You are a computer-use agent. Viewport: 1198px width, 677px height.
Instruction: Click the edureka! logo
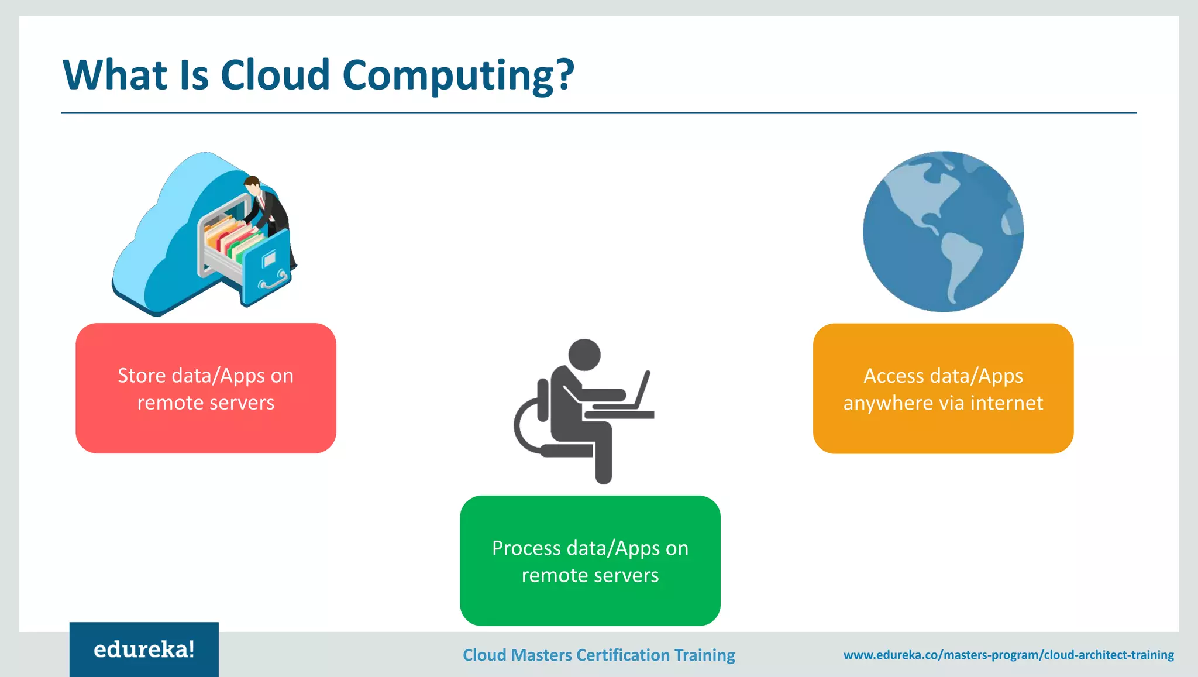click(144, 649)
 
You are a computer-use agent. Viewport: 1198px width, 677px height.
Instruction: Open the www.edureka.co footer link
click(1008, 655)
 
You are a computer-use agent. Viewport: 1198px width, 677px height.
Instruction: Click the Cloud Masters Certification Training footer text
click(598, 655)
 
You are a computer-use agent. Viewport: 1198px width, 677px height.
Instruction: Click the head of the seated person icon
click(584, 355)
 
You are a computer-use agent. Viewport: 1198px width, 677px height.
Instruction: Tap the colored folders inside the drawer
click(231, 237)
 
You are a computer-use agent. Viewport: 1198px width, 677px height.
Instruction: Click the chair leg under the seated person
click(603, 462)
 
